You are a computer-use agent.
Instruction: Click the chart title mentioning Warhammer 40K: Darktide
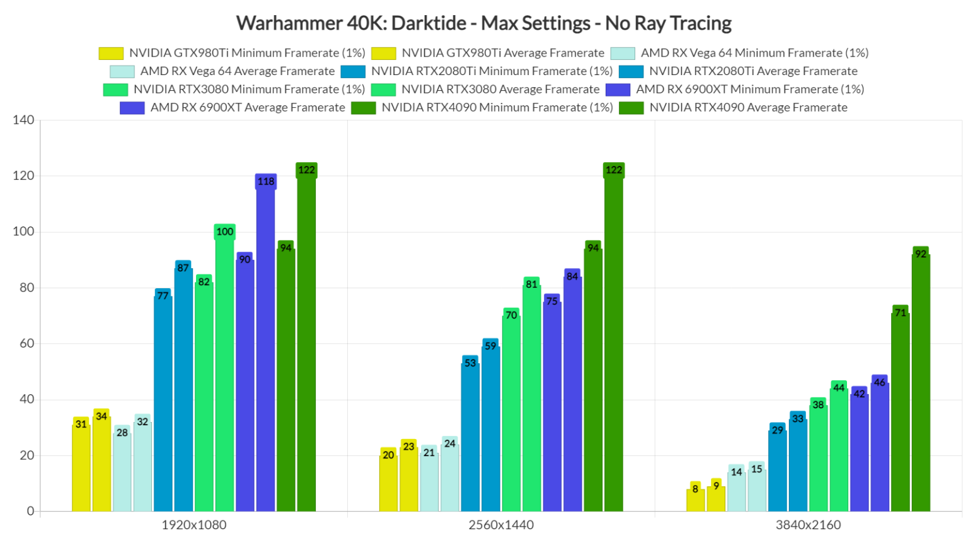tap(483, 23)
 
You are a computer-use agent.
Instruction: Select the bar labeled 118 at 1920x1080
tap(265, 347)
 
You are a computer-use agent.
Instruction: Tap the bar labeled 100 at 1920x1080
tap(224, 372)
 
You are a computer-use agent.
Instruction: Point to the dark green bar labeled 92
tap(921, 385)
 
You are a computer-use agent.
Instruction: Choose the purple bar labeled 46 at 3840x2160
tap(880, 448)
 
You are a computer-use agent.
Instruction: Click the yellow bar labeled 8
tap(695, 500)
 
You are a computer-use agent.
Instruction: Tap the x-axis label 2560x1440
tap(501, 525)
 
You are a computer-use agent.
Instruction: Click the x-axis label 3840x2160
tap(808, 525)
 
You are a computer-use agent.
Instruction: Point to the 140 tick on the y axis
tap(23, 120)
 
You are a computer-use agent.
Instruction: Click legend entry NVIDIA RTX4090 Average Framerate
tap(748, 108)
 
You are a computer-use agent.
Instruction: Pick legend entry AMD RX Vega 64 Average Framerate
tap(237, 71)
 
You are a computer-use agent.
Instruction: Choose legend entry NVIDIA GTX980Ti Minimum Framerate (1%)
tap(247, 53)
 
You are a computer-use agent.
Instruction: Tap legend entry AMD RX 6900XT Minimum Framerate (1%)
tap(749, 90)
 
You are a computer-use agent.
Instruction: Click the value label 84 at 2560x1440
tap(572, 276)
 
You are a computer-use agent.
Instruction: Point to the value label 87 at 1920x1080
tap(183, 268)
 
